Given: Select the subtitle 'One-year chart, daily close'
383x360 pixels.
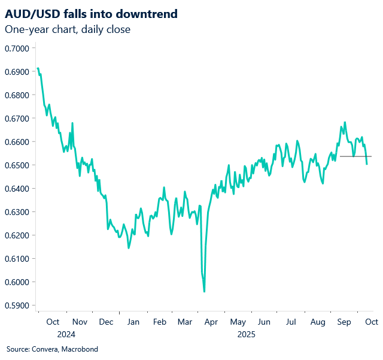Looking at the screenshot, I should click(x=68, y=29).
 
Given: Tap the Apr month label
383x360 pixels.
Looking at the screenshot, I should click(x=211, y=322).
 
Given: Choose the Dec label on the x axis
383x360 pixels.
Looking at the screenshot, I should click(x=106, y=322).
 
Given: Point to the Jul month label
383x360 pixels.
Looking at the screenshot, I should click(x=291, y=322).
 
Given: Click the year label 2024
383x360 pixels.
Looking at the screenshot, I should click(x=66, y=334).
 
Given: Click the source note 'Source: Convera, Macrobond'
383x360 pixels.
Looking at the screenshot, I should click(x=52, y=349).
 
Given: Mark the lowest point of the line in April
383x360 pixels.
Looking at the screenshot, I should click(x=205, y=292).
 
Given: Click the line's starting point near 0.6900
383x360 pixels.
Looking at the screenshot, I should click(x=38, y=68).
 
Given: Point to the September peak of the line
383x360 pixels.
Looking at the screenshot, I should click(x=345, y=122).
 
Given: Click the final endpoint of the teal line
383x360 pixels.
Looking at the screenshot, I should click(x=367, y=164).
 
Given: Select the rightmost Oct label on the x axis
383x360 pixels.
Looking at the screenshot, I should click(x=371, y=322).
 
